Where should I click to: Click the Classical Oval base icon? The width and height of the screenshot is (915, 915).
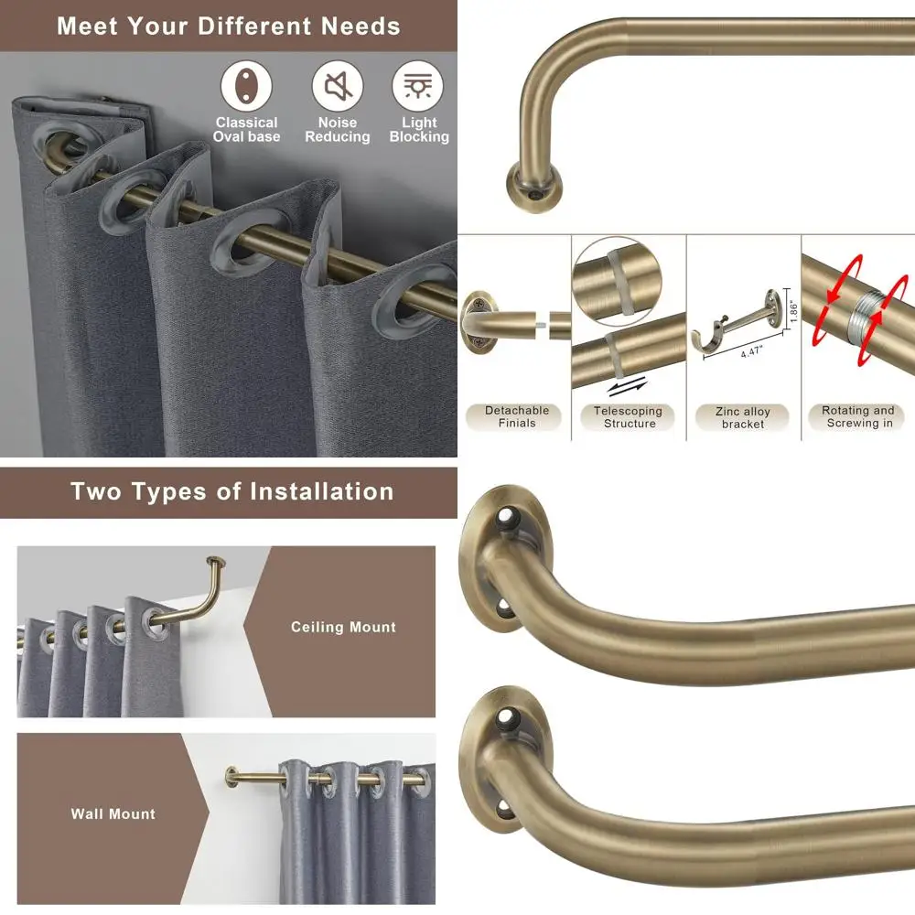tap(246, 87)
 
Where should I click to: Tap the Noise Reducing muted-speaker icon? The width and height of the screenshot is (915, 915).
tap(338, 87)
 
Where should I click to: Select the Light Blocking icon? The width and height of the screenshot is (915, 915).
tap(418, 87)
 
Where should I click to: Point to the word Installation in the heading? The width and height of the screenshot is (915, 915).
tap(324, 491)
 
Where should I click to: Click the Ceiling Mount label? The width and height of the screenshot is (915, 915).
tap(343, 628)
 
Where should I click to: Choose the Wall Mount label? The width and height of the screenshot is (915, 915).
tap(113, 813)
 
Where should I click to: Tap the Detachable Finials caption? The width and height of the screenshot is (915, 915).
tap(517, 417)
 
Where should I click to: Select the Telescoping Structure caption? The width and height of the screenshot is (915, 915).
tap(630, 417)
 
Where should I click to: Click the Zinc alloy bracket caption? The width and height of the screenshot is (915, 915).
tap(742, 418)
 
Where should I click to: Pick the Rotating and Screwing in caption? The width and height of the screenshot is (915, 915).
tap(857, 417)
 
